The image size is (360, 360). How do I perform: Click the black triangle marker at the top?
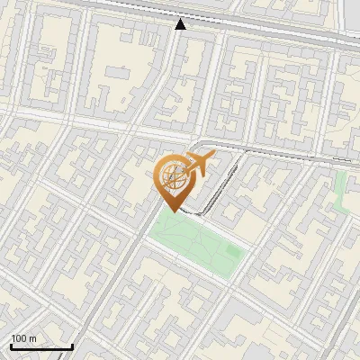(x=181, y=24)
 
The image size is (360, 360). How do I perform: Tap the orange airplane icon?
(x=200, y=164)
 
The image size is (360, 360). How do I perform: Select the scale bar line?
(x=41, y=346)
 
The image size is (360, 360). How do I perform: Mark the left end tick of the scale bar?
(x=11, y=346)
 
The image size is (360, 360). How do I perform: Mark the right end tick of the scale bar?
(x=72, y=346)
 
